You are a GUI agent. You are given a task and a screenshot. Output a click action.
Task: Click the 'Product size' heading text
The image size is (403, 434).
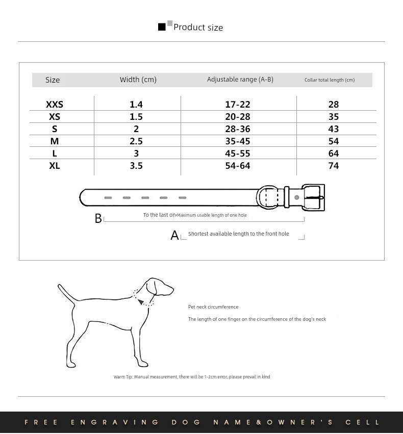[x=198, y=28]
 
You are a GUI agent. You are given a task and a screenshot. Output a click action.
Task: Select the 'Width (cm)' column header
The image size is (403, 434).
[x=138, y=80]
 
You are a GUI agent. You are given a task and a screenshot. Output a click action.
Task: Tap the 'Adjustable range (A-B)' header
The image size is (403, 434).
[x=240, y=80]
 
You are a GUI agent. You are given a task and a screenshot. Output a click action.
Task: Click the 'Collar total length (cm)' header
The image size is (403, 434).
[x=329, y=80]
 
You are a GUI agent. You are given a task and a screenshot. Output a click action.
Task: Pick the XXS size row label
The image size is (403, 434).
[x=54, y=105]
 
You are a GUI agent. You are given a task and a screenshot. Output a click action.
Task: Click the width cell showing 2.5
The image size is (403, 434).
[x=136, y=141]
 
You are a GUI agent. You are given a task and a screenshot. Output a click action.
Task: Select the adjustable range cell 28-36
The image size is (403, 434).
[x=238, y=129]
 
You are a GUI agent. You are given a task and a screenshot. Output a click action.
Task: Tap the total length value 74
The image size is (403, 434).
[x=334, y=166]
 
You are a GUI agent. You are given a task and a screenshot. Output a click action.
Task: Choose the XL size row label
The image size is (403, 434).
[x=54, y=166]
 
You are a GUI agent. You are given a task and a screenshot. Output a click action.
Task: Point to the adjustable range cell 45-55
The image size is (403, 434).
[x=238, y=154]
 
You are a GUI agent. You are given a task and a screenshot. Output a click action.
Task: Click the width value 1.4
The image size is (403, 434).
[x=136, y=105]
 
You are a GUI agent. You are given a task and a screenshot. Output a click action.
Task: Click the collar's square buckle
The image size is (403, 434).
[x=313, y=197]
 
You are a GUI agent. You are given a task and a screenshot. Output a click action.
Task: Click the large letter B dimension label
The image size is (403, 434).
[x=98, y=219]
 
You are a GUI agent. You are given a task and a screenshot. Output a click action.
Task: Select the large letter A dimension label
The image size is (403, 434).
[x=174, y=236]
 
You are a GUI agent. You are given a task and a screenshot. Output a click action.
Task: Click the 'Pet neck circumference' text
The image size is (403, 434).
[x=213, y=307]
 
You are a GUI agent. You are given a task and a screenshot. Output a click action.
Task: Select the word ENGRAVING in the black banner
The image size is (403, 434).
[x=114, y=422]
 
